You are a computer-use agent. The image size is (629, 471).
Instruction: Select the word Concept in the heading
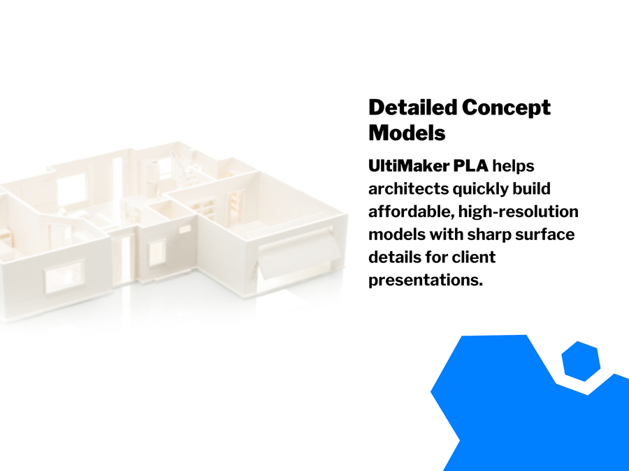[x=507, y=108]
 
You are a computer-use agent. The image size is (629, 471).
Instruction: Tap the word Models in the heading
[x=407, y=132]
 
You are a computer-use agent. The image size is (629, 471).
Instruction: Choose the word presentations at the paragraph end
[x=426, y=280]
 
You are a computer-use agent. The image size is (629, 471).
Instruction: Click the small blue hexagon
[x=581, y=361]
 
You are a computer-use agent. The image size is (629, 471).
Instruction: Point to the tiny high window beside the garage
[x=185, y=229]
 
